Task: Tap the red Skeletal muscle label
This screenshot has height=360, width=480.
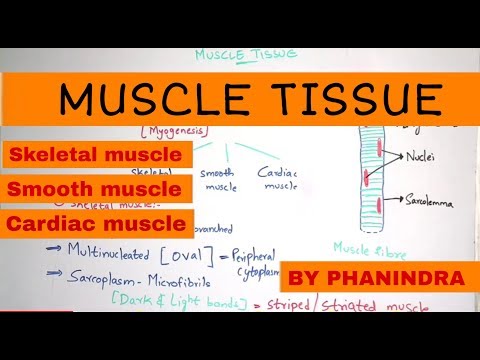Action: [x=97, y=155]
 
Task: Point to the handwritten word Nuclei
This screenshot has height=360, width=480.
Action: [x=423, y=156]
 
